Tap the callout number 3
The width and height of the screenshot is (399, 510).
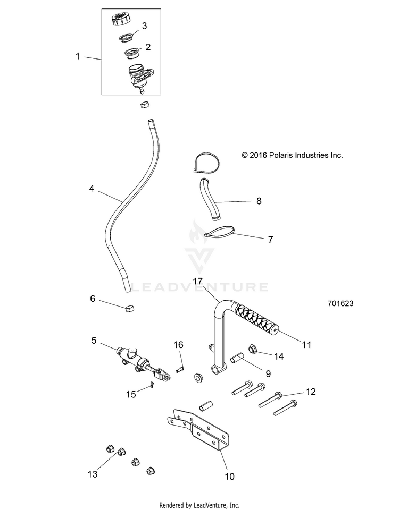(144, 25)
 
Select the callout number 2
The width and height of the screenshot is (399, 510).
(148, 47)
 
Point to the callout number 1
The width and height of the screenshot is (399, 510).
(78, 56)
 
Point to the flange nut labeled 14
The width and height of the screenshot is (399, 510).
(253, 350)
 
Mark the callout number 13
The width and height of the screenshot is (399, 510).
(93, 474)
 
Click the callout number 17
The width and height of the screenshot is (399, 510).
(198, 282)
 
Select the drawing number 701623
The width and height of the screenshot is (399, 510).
(340, 303)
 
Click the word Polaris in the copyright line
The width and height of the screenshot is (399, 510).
(281, 156)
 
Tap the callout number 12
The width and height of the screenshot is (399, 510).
(311, 392)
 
